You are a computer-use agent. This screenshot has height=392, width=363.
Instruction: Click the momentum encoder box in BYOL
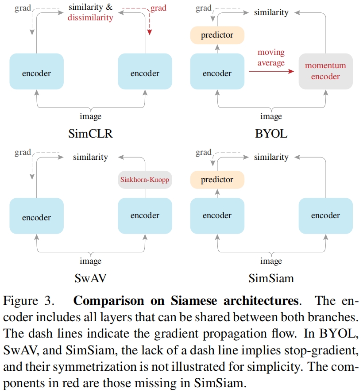(x=325, y=71)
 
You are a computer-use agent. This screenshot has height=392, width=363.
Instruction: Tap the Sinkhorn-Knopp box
(x=145, y=180)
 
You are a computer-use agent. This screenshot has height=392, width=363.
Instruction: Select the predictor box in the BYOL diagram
(x=217, y=35)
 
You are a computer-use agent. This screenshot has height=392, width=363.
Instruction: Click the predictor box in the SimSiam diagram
(x=217, y=180)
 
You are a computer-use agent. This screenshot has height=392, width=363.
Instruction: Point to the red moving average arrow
(x=271, y=70)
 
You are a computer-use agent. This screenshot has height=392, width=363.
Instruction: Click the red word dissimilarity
(x=90, y=18)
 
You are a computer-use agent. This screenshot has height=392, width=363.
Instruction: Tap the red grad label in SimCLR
(x=158, y=8)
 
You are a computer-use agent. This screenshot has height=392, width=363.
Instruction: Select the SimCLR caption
(x=90, y=133)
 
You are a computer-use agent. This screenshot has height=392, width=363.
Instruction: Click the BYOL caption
(x=271, y=133)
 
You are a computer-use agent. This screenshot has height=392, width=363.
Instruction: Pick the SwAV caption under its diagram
(x=90, y=278)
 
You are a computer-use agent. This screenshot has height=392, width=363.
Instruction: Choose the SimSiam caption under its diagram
(x=271, y=278)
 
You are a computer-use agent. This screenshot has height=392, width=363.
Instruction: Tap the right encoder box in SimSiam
(x=325, y=215)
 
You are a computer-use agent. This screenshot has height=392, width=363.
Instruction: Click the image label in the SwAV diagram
(x=90, y=261)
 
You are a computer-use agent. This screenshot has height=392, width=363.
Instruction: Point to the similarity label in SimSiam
(x=271, y=157)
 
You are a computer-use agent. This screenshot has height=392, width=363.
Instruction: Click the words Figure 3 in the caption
(x=29, y=301)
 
